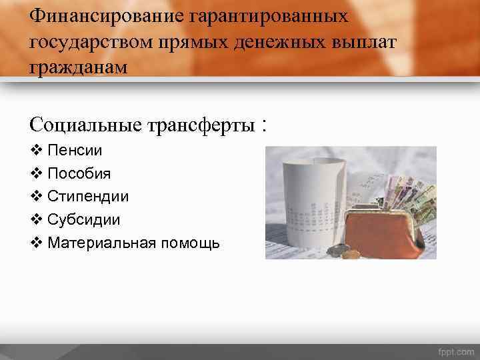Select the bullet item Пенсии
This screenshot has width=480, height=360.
tap(74, 151)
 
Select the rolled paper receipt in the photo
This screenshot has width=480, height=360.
tap(310, 193)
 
